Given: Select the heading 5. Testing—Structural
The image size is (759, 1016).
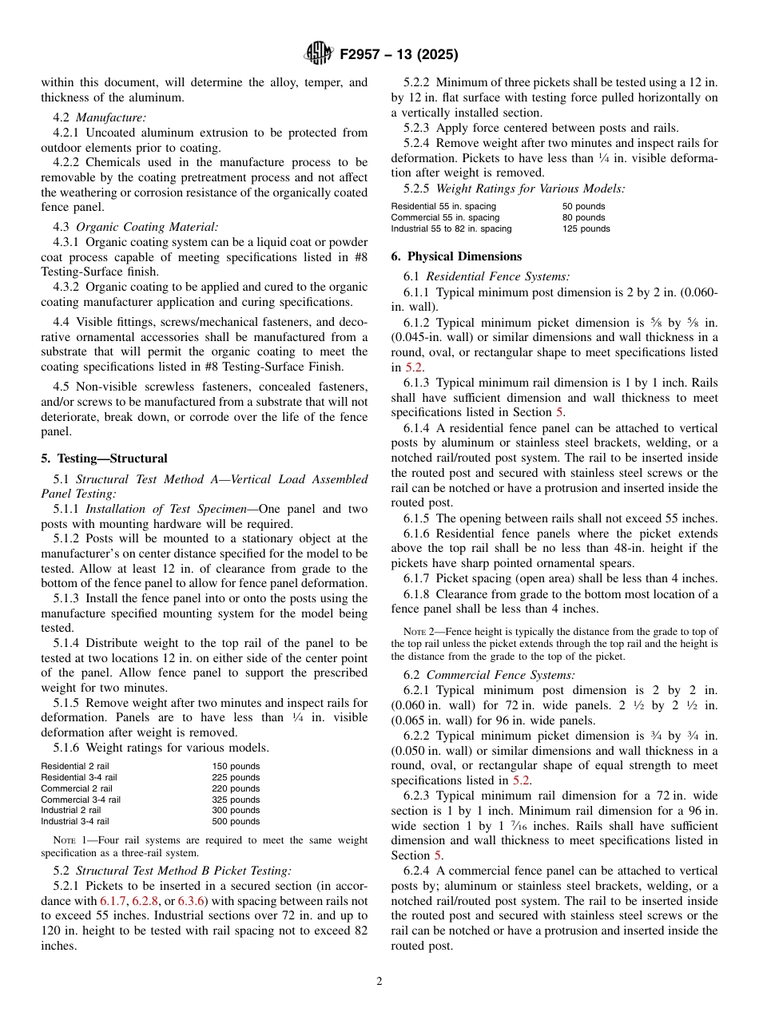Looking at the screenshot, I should [105, 458].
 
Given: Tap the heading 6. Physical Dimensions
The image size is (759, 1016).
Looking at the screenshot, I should [456, 256].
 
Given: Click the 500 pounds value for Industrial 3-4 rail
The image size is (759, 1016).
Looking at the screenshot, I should [236, 821].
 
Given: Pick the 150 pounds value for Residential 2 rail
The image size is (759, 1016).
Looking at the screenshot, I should [236, 766].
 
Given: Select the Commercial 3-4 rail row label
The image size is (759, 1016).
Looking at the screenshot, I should [81, 800].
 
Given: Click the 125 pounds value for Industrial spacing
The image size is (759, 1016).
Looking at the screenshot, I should [586, 228].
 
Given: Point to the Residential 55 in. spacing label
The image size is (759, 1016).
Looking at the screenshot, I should [443, 206].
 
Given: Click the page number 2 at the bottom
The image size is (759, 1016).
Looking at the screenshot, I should [379, 982].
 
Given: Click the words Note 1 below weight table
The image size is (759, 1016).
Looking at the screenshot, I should [69, 840].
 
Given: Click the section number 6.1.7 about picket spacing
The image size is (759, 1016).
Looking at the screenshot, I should [419, 578].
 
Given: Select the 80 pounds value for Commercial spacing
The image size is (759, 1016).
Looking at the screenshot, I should [583, 217].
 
